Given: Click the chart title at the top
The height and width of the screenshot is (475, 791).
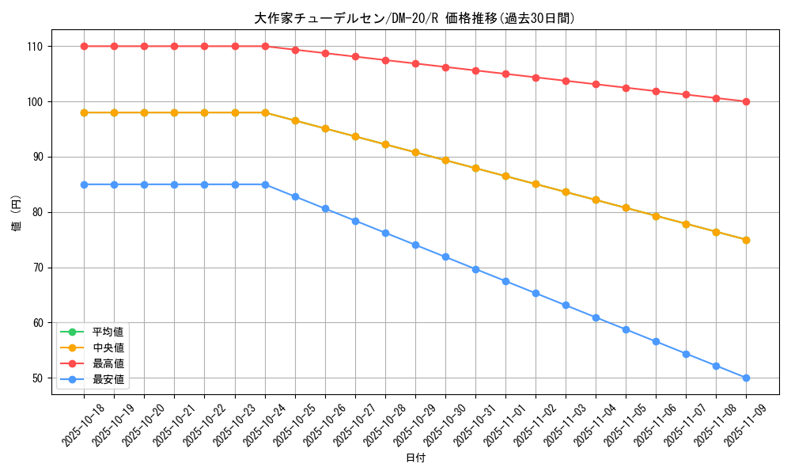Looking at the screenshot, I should [x=414, y=18].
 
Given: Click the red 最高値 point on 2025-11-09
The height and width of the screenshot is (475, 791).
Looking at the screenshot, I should [x=746, y=101].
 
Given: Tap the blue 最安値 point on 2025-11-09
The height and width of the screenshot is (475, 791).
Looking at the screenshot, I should [x=746, y=378].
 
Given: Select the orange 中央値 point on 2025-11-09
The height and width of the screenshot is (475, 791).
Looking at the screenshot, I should [x=746, y=240].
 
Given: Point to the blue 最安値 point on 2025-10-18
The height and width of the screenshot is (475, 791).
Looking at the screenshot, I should [x=84, y=184].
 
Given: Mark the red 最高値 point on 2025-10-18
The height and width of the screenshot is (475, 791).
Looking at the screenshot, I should [x=84, y=46].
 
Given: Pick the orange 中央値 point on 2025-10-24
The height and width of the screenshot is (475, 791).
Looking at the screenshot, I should [x=265, y=112].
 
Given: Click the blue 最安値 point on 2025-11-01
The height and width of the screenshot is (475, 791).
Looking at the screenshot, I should [x=505, y=281].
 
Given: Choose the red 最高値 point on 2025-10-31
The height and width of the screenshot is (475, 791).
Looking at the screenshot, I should [x=475, y=70].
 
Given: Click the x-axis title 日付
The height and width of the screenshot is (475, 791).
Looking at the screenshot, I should [x=415, y=458].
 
